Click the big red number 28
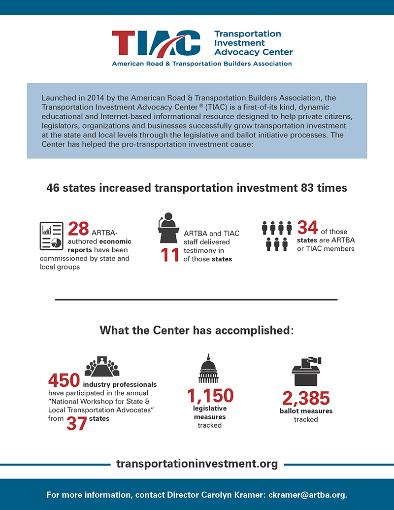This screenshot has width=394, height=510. click(x=78, y=229)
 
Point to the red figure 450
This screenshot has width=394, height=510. click(x=64, y=380)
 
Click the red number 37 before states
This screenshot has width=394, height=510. click(x=76, y=422)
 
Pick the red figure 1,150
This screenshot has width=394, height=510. click(x=210, y=395)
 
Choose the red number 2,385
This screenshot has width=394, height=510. click(x=306, y=398)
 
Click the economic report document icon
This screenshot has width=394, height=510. click(x=51, y=236)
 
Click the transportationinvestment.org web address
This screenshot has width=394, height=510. click(x=197, y=464)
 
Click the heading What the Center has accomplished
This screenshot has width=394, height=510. click(x=197, y=330)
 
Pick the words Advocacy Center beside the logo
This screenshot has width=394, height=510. click(x=254, y=52)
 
